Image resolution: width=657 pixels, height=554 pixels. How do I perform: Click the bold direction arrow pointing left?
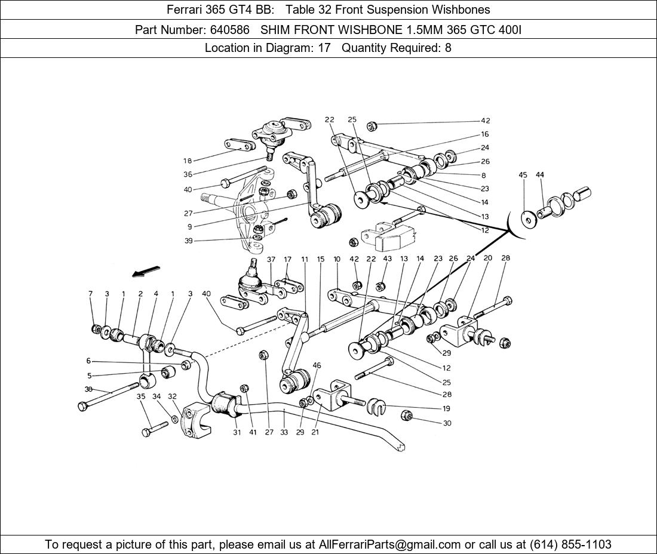146,272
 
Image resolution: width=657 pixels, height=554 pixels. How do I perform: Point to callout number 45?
523,175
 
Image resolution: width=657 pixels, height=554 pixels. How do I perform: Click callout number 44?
540,175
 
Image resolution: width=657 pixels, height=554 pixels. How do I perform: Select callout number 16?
485,134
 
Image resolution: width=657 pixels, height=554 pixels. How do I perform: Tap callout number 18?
188,161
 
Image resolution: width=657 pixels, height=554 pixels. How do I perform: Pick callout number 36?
188,175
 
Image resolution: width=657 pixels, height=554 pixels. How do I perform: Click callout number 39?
188,241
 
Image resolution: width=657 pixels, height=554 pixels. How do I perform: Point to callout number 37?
271,259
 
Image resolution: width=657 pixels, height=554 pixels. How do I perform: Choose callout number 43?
387,258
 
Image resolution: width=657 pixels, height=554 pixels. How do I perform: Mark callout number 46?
317,365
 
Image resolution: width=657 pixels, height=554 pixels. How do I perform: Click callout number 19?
446,409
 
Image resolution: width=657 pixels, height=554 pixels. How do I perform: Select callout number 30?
447,423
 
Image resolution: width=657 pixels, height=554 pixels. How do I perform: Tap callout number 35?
141,396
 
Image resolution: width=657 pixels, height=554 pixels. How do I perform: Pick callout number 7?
91,294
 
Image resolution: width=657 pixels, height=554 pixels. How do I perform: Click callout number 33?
284,432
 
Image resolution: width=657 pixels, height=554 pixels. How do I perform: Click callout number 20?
487,258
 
